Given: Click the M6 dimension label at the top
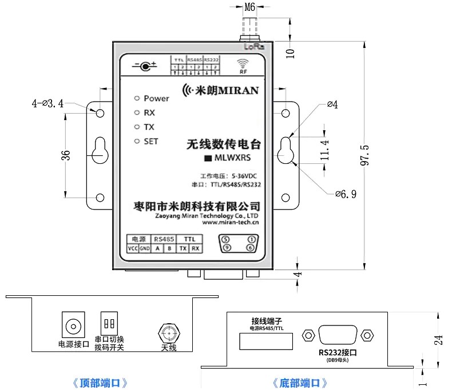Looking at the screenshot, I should (250, 8).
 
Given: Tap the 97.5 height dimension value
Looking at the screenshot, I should (365, 156).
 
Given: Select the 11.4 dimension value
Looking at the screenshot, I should (324, 150).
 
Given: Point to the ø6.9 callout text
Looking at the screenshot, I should (346, 194).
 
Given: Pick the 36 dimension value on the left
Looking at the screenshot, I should (66, 155).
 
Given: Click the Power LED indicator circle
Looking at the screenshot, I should (137, 98).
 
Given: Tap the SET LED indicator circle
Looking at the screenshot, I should (137, 141).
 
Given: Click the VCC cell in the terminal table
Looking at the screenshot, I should (132, 249).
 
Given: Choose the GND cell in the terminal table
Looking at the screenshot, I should (144, 249).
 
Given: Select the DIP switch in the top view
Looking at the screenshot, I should (109, 324).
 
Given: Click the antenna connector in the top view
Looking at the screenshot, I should (168, 332).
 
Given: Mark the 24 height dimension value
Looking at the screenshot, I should (438, 340).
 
